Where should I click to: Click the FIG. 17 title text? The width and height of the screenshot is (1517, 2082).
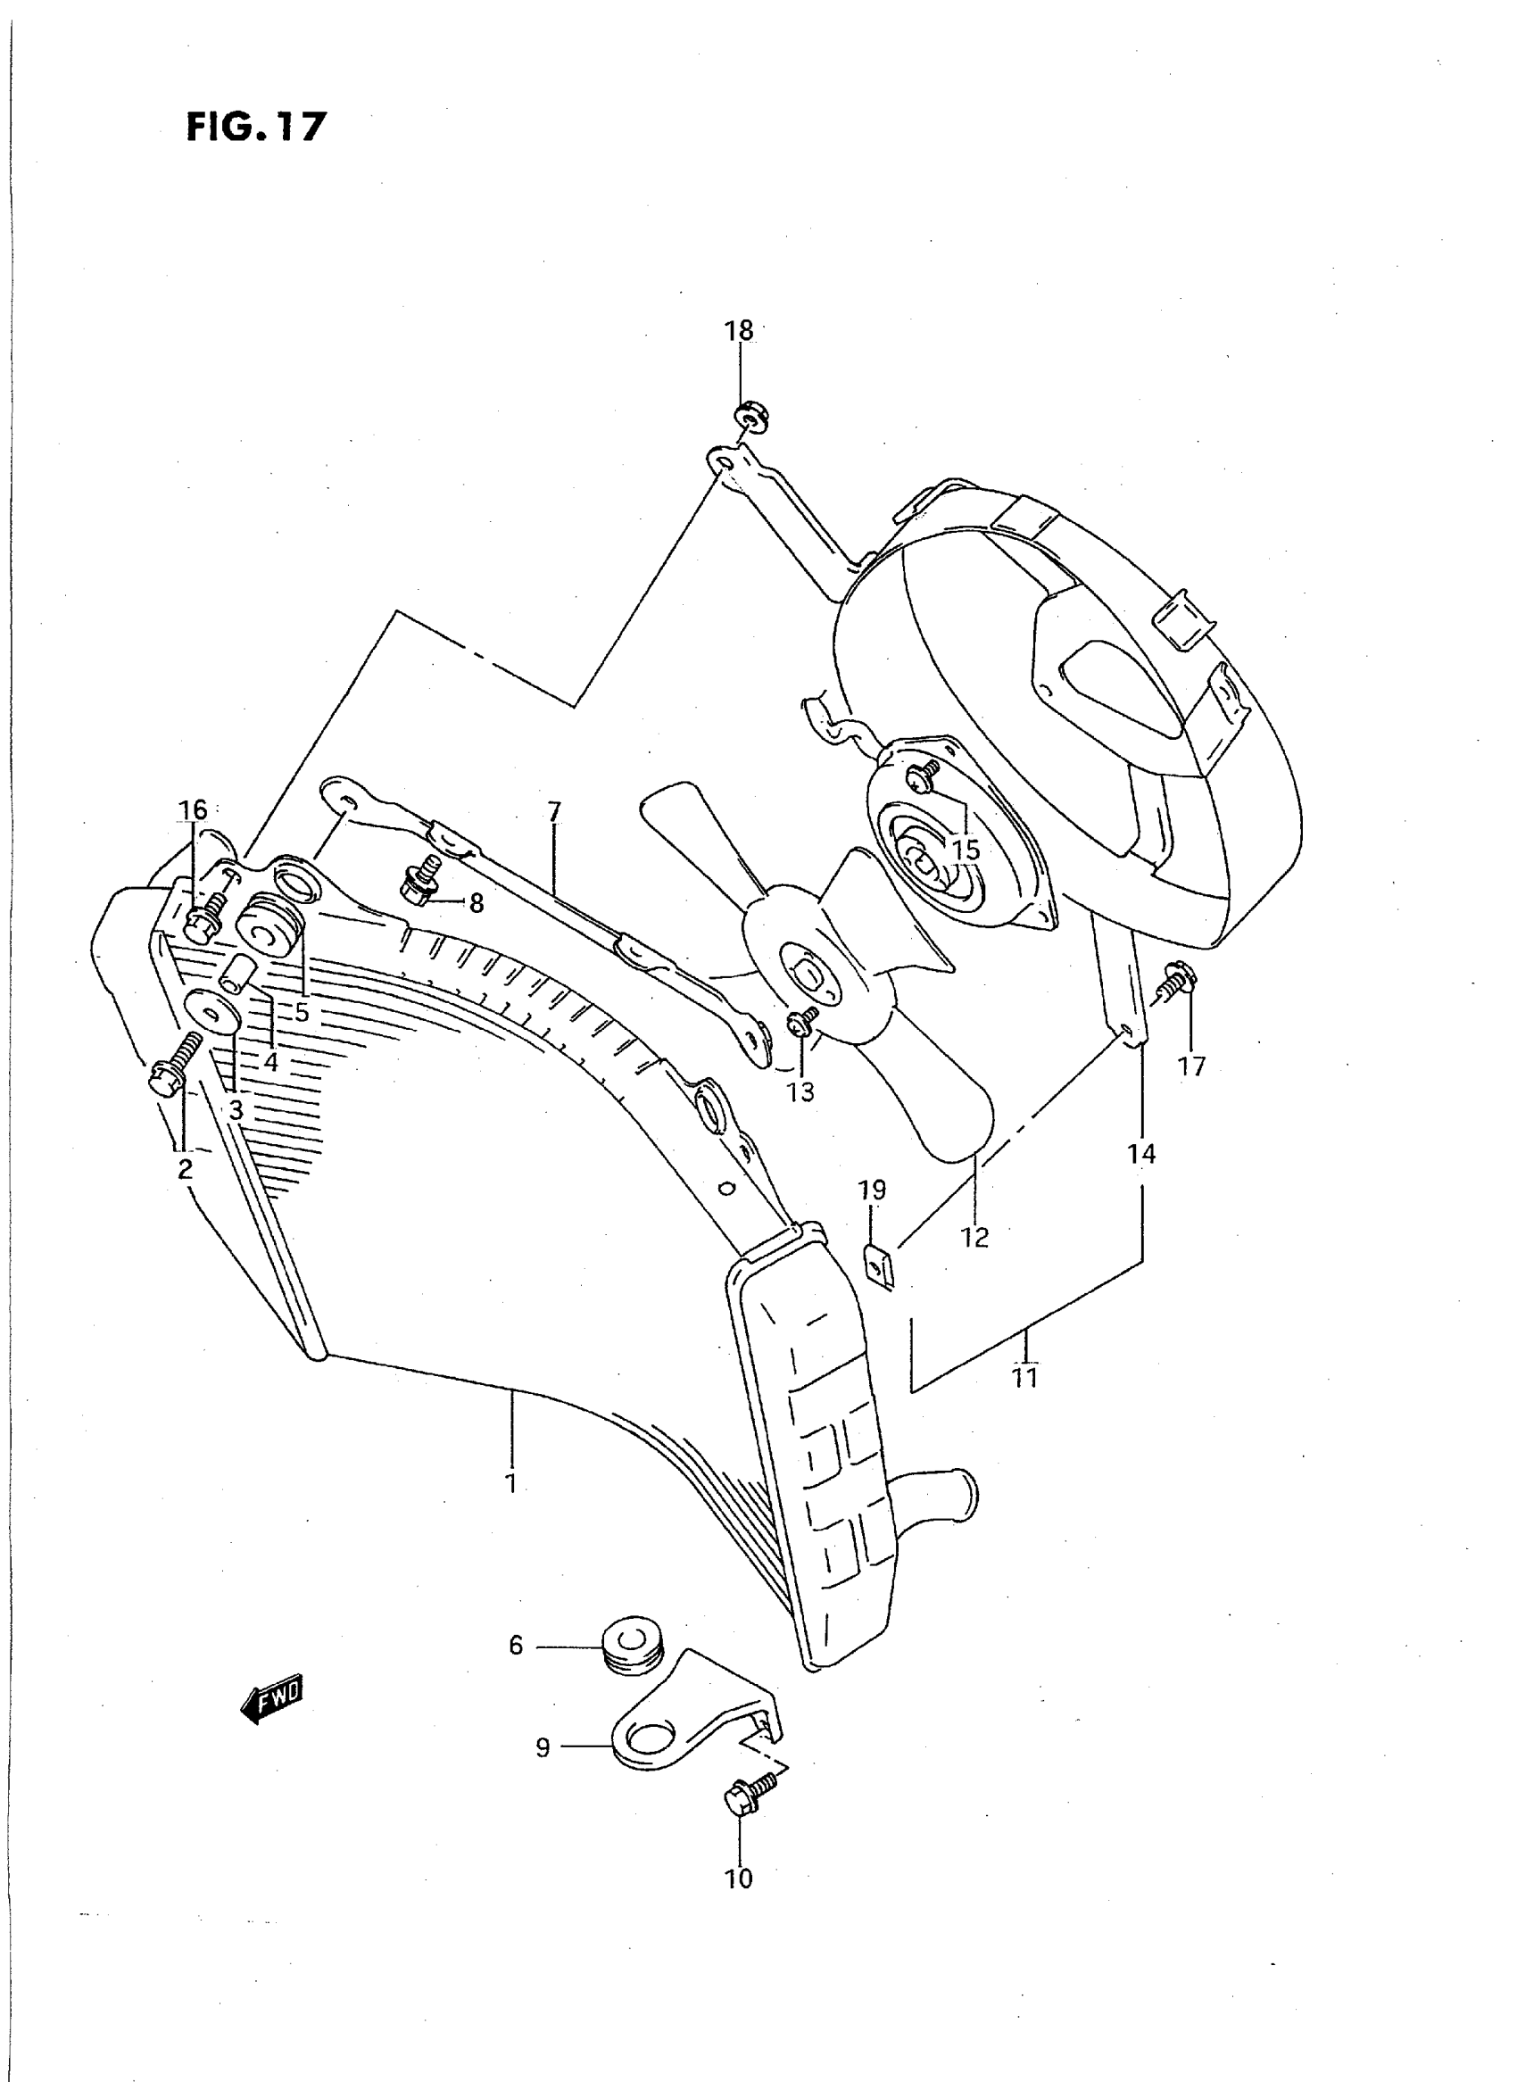click(255, 127)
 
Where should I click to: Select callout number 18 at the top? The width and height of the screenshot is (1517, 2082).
click(739, 330)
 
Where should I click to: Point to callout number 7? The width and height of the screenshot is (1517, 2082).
click(554, 812)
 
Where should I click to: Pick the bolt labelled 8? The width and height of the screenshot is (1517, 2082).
click(419, 882)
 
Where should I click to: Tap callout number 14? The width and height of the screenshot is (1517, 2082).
click(1141, 1155)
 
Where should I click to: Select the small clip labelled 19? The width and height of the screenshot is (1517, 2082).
click(879, 1268)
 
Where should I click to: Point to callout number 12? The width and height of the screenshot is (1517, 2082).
click(975, 1238)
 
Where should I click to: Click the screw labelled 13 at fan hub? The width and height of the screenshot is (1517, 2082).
click(801, 1020)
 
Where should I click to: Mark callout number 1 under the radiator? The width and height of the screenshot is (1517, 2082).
click(510, 1482)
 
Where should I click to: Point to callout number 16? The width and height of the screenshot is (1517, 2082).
click(193, 810)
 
